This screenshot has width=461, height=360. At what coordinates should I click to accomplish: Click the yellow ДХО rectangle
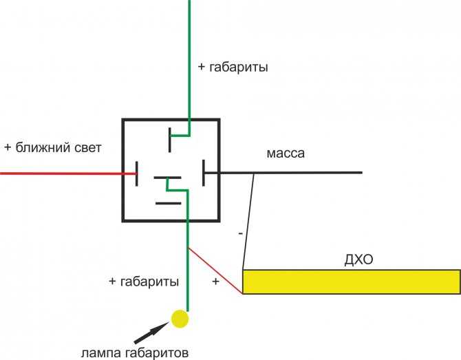pos(352,282)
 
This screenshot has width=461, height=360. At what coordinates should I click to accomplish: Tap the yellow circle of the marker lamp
pos(180,319)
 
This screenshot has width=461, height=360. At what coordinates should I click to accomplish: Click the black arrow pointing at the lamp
pos(151,332)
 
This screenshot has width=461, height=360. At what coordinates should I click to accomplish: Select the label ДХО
pos(358,260)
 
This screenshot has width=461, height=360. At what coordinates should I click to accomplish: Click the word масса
pos(286,153)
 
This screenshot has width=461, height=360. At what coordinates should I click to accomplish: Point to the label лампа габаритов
pos(135,352)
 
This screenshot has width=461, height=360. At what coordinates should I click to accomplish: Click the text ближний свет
pos(58,147)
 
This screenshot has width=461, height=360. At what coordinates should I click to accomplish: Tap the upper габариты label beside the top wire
pos(239,67)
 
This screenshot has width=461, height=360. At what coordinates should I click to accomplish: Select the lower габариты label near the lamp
pos(149,282)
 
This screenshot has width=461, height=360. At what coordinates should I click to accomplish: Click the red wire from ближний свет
pos(68,173)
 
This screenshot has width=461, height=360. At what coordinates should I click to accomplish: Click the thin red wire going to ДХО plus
pos(215,271)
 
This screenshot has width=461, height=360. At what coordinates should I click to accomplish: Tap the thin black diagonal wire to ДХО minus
pos(248,222)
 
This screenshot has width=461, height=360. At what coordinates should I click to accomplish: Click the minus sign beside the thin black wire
pos(241,233)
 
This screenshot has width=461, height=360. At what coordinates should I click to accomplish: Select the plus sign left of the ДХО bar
pos(216,281)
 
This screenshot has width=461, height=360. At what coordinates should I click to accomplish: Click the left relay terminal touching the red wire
pos(137,174)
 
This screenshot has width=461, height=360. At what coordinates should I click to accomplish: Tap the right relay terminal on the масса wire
pos(204,173)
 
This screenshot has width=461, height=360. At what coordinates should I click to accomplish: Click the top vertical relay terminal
pos(170,140)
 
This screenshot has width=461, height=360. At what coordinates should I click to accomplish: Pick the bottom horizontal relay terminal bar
pos(168,203)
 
